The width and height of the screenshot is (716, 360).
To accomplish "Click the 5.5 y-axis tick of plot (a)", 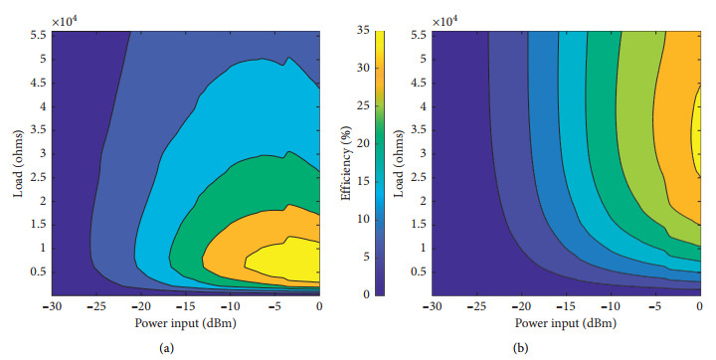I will pos(37,34).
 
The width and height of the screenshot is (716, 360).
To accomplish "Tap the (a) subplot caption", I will pos(185,348).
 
